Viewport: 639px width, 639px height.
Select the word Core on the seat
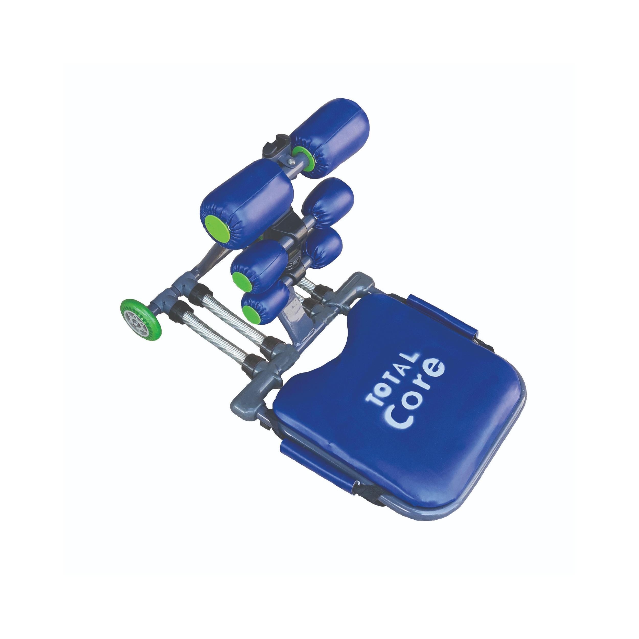point(416,393)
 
